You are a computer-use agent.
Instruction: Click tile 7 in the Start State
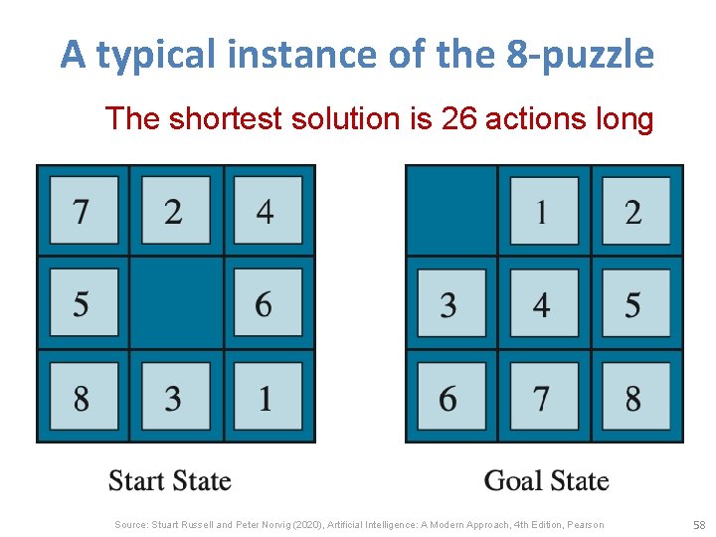pos(83,211)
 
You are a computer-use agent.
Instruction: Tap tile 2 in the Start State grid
pos(174,211)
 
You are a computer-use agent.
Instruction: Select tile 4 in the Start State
pos(266,211)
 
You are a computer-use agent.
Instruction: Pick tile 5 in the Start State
pos(83,303)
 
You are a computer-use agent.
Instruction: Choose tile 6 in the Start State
pos(266,303)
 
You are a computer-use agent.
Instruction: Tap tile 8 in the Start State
pos(83,397)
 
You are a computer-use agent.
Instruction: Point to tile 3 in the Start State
pos(174,397)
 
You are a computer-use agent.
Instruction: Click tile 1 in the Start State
pos(266,397)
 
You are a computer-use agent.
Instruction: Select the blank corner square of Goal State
pos(450,211)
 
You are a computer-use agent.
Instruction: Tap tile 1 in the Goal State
pos(543,211)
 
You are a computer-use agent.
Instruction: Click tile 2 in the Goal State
pos(633,211)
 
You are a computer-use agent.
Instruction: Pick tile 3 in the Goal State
pos(450,303)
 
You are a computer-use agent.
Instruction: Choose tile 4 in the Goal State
pos(543,303)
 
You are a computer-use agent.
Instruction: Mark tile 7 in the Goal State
pos(543,397)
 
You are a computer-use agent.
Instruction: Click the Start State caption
pos(169,481)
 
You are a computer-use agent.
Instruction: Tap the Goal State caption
pos(546,481)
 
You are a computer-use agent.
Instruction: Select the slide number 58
pos(698,524)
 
